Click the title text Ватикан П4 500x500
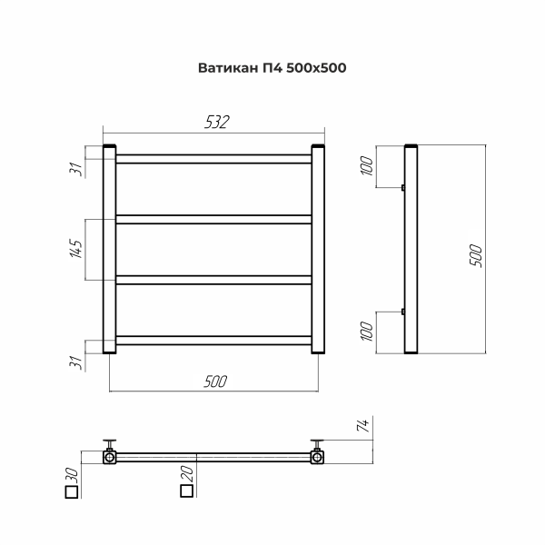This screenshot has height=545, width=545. click(x=272, y=67)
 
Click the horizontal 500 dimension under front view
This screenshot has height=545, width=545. click(x=215, y=381)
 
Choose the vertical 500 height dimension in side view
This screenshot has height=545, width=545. click(x=475, y=255)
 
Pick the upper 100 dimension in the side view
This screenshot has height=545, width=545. click(x=367, y=170)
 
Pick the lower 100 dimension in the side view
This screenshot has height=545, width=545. click(x=367, y=332)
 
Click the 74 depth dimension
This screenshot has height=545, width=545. click(x=361, y=426)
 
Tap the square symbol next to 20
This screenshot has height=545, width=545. click(x=186, y=491)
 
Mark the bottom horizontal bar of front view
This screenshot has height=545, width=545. click(x=214, y=341)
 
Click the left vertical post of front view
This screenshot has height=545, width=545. click(x=109, y=249)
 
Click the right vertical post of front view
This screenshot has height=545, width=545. click(x=318, y=249)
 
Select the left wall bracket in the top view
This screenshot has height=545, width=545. click(x=110, y=451)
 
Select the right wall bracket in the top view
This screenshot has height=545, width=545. click(x=318, y=451)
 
